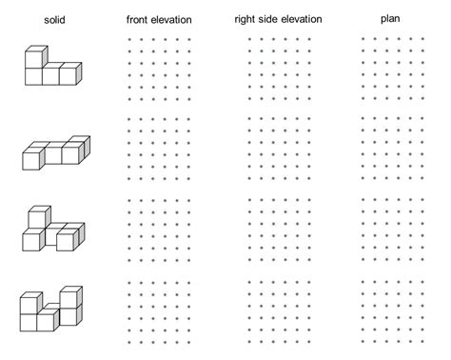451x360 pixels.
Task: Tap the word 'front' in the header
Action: point(140,19)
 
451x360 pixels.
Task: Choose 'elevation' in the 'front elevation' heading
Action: point(176,19)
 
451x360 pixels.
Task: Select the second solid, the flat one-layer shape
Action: point(56,152)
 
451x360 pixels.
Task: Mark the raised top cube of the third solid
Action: point(40,215)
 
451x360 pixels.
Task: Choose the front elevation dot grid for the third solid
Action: point(159,230)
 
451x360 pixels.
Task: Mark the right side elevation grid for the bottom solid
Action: point(280,310)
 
